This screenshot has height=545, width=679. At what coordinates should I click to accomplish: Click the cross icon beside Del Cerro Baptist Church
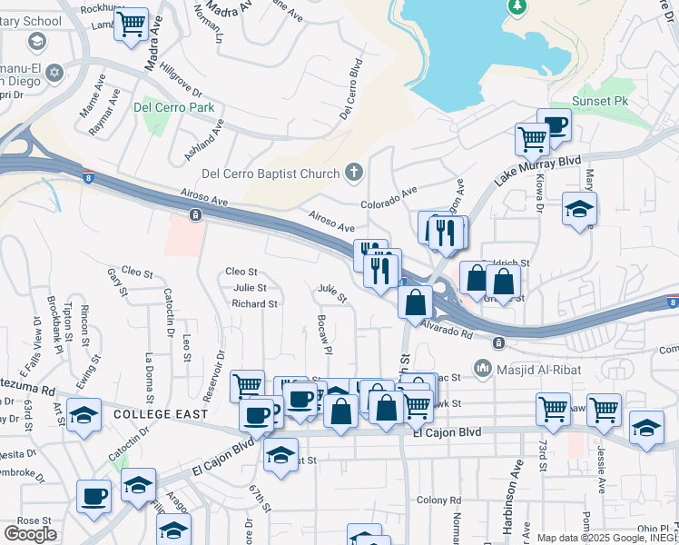354,173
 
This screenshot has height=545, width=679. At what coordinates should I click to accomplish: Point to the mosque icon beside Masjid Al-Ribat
481,368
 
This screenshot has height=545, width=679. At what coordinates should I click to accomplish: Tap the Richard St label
253,303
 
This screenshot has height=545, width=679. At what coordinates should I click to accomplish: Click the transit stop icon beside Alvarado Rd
497,342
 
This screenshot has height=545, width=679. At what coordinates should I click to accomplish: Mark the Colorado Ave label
388,198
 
